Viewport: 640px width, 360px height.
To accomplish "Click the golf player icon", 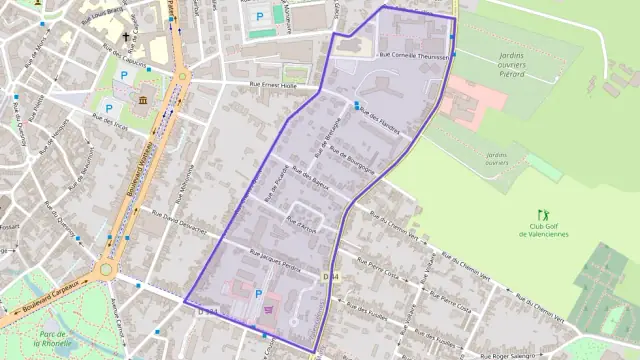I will click(x=544, y=215).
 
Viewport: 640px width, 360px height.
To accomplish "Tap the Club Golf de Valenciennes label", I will click(x=543, y=231).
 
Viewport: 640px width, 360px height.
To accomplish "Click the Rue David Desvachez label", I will click(x=179, y=220).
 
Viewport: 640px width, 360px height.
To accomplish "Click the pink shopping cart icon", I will click(x=267, y=310).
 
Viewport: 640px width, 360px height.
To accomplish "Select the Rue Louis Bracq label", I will click(x=109, y=13).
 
